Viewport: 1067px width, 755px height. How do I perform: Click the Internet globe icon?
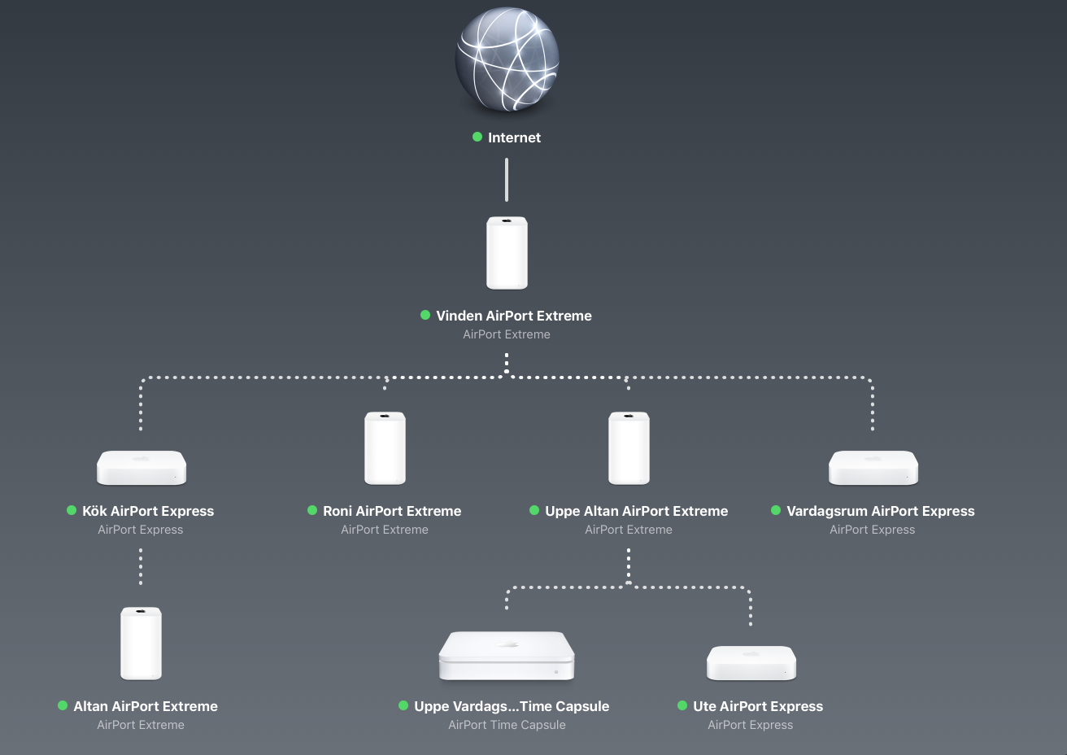(507, 59)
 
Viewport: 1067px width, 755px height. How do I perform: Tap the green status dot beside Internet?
(477, 137)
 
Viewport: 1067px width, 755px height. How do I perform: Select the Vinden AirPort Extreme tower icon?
(507, 253)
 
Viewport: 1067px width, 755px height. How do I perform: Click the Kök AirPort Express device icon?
(142, 468)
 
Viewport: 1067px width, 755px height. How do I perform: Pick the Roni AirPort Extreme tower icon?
(385, 448)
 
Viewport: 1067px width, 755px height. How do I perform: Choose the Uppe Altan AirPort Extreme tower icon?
(629, 448)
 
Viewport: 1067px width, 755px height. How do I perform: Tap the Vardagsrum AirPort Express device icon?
(873, 468)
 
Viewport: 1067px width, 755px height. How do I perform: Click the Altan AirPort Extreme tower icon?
(141, 644)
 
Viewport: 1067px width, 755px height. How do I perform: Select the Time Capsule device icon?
(507, 656)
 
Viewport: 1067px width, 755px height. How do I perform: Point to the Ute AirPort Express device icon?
(751, 663)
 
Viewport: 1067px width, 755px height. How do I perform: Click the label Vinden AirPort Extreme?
(514, 316)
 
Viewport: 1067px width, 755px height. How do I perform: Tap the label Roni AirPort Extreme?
(392, 511)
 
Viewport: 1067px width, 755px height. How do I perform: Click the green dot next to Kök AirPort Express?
(72, 510)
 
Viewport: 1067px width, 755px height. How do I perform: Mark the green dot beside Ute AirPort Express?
(682, 705)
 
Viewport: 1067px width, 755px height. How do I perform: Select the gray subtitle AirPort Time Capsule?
(507, 725)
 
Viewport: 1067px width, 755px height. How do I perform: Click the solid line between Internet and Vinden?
(507, 180)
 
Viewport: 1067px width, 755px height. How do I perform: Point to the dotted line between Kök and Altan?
(141, 566)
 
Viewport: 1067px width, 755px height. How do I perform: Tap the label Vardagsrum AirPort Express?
(880, 511)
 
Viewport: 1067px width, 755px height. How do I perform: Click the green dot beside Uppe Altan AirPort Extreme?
(534, 510)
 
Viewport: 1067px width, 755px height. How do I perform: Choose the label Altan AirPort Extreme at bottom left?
(146, 706)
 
